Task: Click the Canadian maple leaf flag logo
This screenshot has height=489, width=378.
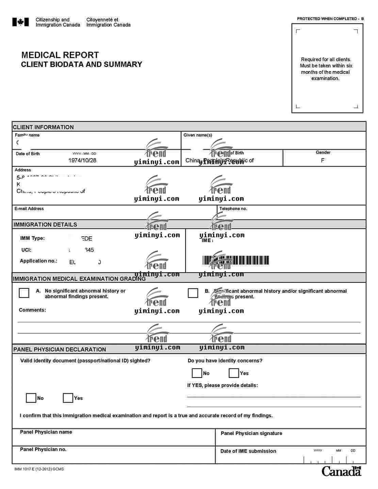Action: [x=20, y=22]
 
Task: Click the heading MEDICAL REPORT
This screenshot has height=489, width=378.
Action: [x=60, y=55]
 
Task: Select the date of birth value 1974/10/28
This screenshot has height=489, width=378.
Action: [x=82, y=160]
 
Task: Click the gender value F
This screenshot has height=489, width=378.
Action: [x=323, y=160]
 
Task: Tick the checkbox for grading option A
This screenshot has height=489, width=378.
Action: [x=24, y=293]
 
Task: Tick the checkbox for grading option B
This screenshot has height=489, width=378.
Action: [x=193, y=293]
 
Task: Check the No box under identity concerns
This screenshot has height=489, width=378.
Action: [x=197, y=373]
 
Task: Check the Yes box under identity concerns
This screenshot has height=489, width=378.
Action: [x=234, y=373]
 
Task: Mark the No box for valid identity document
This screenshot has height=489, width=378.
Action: [x=31, y=398]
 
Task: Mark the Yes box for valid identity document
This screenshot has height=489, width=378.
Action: [x=68, y=398]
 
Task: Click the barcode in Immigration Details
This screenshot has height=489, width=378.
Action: [x=236, y=260]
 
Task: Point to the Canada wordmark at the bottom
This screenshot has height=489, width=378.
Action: [x=341, y=471]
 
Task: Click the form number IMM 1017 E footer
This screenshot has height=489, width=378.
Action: [x=39, y=469]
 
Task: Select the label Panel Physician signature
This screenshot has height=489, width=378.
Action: [x=251, y=433]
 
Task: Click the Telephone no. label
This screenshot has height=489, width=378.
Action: [x=233, y=208]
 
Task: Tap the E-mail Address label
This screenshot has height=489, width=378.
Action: [x=29, y=208]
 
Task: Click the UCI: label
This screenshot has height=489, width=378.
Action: [x=26, y=250]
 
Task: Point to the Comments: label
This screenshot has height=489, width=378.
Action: [x=32, y=310]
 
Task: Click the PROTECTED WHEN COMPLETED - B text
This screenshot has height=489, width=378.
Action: [x=330, y=19]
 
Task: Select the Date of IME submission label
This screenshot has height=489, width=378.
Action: [x=248, y=451]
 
